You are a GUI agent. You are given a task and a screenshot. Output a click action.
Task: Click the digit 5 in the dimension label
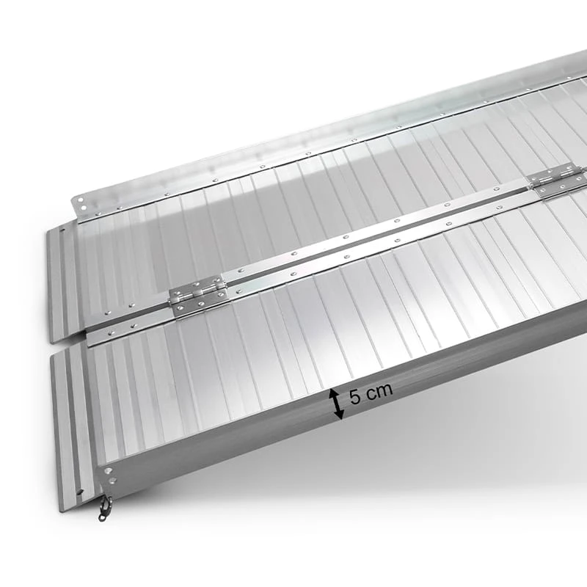point(355,397)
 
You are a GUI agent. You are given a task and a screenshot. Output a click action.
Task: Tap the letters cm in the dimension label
point(379,391)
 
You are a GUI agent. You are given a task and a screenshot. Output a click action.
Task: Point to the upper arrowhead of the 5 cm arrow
point(333,394)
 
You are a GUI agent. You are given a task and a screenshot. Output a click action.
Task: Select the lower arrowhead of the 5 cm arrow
point(339,413)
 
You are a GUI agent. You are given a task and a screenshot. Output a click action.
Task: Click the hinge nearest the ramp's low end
point(198,297)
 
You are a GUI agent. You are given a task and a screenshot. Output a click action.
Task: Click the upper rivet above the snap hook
point(109,470)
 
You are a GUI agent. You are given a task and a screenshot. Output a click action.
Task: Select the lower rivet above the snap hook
point(111,481)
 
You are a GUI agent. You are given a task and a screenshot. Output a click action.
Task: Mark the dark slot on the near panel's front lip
point(80,492)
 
